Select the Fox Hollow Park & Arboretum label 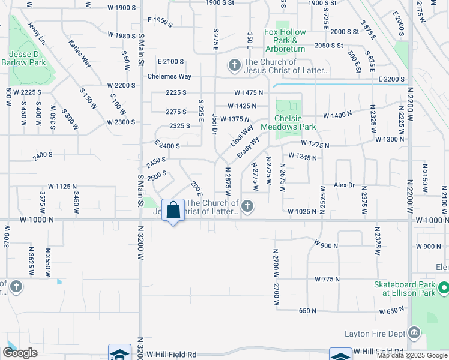coord(285,39)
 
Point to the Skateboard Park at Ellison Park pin coord(443,289)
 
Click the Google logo coord(19,353)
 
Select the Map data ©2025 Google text coord(412,355)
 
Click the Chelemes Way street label coord(170,76)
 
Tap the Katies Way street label coord(79,53)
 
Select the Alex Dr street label coord(345,185)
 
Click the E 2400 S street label coord(167,145)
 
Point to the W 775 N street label coord(327,279)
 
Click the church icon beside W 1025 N coord(246,208)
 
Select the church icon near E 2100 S coord(234,65)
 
